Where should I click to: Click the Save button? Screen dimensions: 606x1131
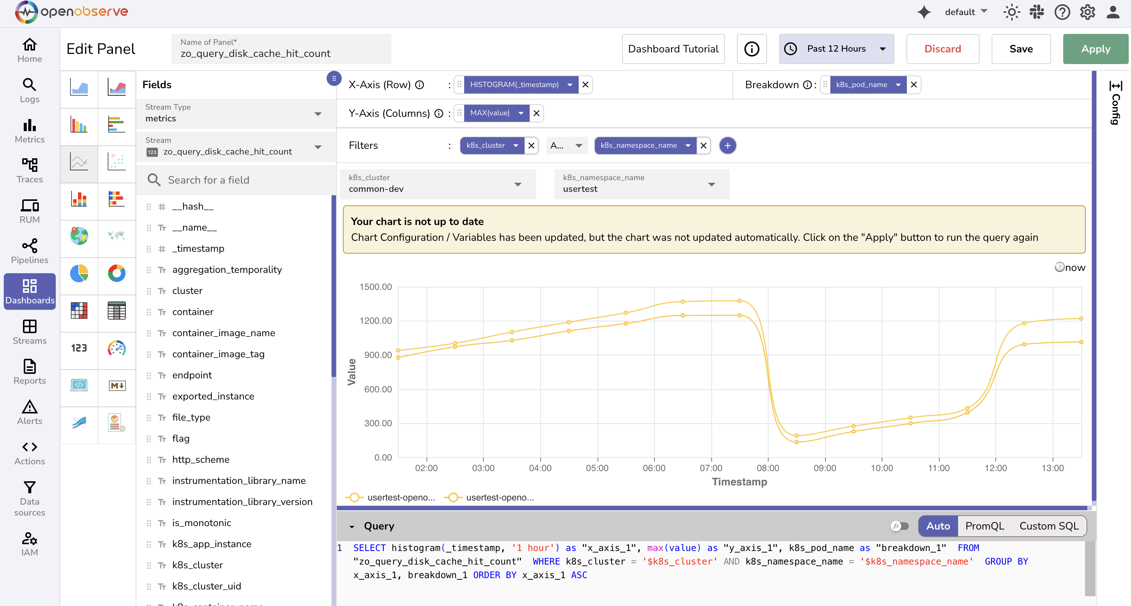tap(1020, 49)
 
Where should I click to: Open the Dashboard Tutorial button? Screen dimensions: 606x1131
tap(672, 49)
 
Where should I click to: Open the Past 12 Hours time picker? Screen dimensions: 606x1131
tap(836, 49)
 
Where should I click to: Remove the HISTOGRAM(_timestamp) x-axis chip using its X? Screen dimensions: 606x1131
tap(585, 85)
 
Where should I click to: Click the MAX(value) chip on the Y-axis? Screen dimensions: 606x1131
tap(490, 113)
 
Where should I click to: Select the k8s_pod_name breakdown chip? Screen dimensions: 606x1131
tap(861, 85)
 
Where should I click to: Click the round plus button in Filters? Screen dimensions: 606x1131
tap(727, 145)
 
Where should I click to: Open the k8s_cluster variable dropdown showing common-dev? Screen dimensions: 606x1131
tap(437, 184)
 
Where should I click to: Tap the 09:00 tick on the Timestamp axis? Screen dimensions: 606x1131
tap(825, 468)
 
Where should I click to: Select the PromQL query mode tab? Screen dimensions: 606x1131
tap(984, 526)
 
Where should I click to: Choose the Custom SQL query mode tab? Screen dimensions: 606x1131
tap(1048, 526)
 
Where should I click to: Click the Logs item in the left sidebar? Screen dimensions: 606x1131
tap(29, 90)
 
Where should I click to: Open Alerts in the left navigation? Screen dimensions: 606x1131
tap(29, 412)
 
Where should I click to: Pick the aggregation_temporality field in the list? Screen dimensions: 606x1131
tap(227, 269)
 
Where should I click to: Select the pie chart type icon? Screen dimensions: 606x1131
tap(79, 273)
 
